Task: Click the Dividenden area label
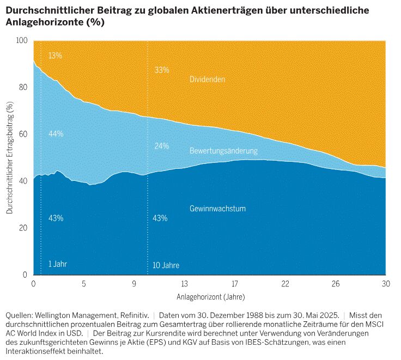click(x=208, y=80)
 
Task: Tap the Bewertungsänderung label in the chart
click(x=223, y=150)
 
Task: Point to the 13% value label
click(x=55, y=56)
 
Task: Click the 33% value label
click(x=162, y=70)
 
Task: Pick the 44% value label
click(x=56, y=134)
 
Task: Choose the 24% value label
click(x=162, y=147)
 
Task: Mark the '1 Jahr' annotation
click(x=58, y=264)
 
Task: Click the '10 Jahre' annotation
click(x=166, y=266)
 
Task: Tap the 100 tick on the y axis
click(x=21, y=41)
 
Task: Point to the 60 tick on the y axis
click(x=23, y=134)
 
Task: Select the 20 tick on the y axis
click(x=23, y=228)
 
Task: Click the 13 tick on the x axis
click(x=184, y=284)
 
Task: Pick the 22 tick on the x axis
click(x=285, y=284)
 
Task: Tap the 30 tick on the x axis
click(x=385, y=284)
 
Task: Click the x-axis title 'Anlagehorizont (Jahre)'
click(x=210, y=297)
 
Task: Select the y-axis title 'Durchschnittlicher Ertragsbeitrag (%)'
click(x=10, y=157)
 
